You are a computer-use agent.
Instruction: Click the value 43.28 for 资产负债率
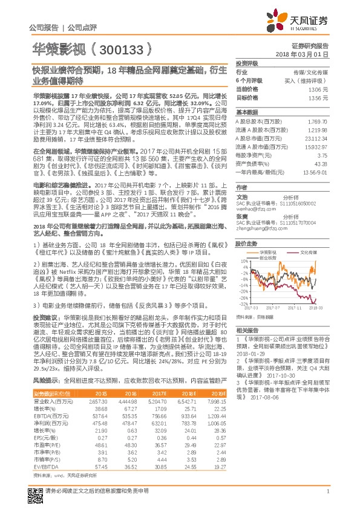tap(322, 164)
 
